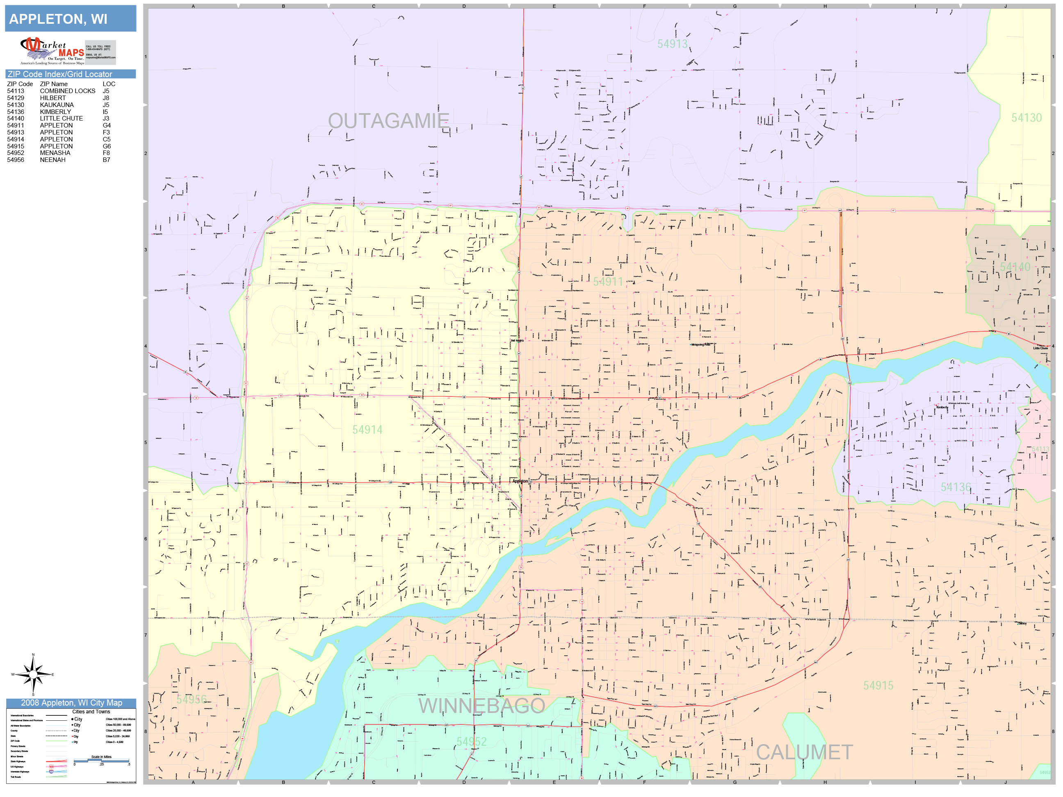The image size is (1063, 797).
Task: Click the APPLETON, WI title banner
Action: coord(70,19)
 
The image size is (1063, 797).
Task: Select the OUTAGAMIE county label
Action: coord(388,121)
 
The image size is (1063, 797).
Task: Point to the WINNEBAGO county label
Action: coord(481,706)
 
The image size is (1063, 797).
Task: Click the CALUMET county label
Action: coord(805,752)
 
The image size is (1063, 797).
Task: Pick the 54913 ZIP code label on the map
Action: coord(672,44)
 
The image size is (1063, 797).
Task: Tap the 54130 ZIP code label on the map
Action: coord(1026,118)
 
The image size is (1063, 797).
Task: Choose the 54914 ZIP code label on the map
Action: coord(367,430)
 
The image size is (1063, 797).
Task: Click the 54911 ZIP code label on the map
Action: coord(608,282)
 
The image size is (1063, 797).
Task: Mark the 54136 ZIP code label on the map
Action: coord(956,487)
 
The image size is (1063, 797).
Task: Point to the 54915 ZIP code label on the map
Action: coord(878,685)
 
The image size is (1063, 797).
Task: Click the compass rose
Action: coord(33,674)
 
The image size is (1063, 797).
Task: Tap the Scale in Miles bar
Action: coord(101,761)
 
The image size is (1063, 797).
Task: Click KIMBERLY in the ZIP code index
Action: coord(55,112)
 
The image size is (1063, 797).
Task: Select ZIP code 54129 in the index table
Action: coord(15,98)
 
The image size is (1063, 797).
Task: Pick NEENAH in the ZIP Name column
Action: coord(53,160)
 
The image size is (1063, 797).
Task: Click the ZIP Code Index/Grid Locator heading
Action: coord(70,74)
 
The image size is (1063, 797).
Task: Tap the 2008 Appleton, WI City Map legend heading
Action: coord(71,703)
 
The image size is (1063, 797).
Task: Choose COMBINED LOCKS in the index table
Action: coord(67,91)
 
